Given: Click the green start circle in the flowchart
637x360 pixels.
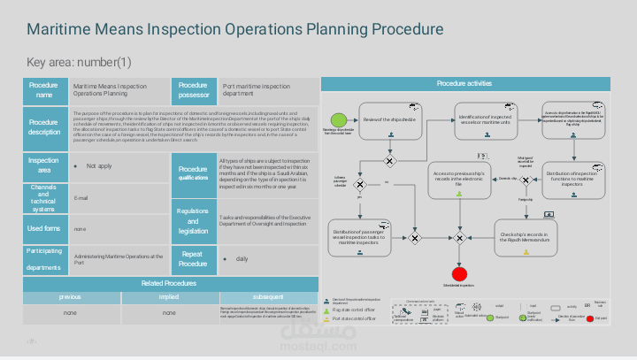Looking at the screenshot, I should coord(336,119).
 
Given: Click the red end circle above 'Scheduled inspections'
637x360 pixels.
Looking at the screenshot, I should coord(458,272).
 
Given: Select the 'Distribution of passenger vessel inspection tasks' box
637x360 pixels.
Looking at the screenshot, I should coord(359,236).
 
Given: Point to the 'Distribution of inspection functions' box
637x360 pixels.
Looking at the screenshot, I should coord(575,179).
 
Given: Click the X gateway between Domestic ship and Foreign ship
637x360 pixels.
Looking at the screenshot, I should coord(530,179).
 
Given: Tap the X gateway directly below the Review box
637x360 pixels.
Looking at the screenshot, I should coord(389,161).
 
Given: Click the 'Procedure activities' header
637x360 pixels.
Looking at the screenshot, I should coord(464,83).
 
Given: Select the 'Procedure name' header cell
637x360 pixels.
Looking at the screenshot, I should coord(44,90).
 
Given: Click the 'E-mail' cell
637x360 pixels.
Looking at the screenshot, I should coord(81,198).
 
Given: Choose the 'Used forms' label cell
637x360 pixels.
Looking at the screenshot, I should coord(44,229).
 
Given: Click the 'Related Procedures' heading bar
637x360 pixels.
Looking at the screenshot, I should coord(169,283).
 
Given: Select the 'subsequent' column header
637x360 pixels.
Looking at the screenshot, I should coord(267,297).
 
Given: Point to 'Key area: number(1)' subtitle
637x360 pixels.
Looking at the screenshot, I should coord(79,63).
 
